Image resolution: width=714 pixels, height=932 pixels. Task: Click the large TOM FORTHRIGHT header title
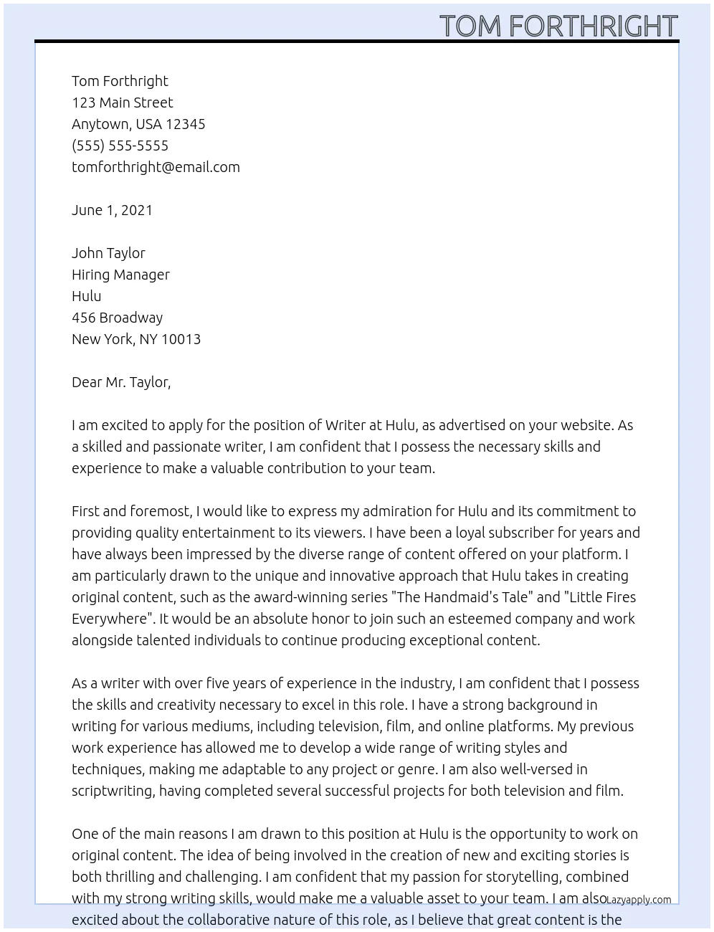click(558, 26)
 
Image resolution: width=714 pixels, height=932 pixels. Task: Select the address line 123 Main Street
click(122, 103)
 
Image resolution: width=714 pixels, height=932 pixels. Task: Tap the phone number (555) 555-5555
click(120, 146)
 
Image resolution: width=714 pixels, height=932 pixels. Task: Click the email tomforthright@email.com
click(156, 167)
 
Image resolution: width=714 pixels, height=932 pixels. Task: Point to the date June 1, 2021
click(112, 210)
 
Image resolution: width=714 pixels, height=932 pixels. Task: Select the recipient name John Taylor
click(108, 253)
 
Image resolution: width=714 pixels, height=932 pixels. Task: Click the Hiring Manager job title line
click(120, 275)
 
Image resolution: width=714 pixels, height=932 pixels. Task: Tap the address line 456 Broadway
click(117, 318)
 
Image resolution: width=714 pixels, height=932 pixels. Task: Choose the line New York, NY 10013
click(136, 339)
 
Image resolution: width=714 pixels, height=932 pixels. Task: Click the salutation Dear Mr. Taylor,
click(121, 382)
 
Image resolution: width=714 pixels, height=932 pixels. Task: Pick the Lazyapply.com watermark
click(639, 900)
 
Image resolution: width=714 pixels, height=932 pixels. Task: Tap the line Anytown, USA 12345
click(138, 124)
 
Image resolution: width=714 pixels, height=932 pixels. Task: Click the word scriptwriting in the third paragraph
click(113, 791)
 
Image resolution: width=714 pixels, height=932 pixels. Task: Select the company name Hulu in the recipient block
click(86, 296)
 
